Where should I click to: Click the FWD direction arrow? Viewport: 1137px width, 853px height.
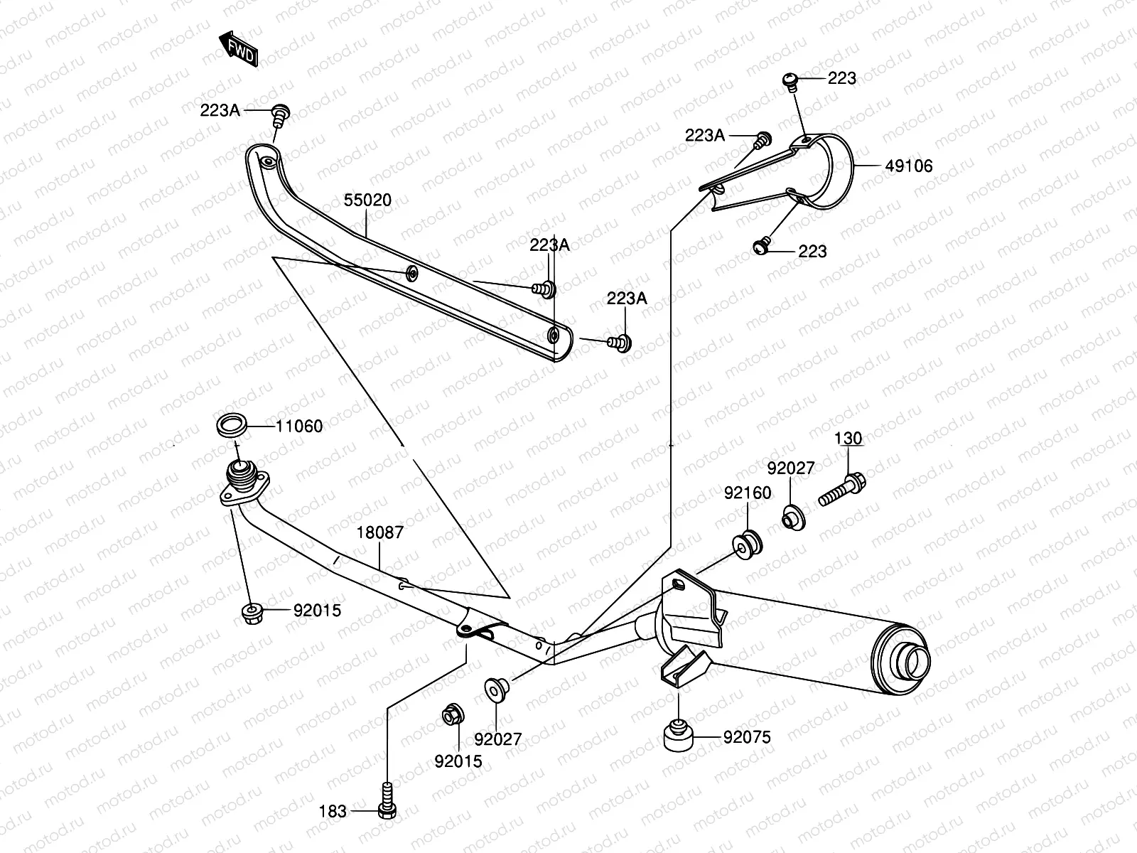(x=238, y=48)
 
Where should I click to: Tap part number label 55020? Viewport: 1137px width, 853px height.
(x=367, y=200)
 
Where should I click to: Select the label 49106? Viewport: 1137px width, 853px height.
(x=909, y=166)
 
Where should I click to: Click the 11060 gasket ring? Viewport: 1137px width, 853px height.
(x=232, y=426)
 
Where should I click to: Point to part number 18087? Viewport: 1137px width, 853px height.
(x=379, y=532)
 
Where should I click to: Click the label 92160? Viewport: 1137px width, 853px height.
(x=748, y=493)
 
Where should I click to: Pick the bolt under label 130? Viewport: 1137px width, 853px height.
(x=843, y=489)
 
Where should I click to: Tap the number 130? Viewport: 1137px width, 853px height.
(x=848, y=439)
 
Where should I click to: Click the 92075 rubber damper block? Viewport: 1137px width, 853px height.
(x=679, y=736)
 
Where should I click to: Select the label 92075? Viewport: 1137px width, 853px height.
(x=747, y=737)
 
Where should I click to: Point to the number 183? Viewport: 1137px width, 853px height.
(x=333, y=811)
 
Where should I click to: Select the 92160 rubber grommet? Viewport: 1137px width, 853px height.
(x=748, y=543)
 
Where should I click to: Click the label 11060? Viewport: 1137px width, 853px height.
(x=299, y=426)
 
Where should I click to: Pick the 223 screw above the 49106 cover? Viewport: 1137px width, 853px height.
(x=790, y=80)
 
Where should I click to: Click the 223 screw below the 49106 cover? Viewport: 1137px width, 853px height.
(x=761, y=247)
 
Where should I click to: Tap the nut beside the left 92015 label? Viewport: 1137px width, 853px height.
(x=252, y=611)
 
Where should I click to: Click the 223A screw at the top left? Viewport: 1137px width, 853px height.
(x=281, y=113)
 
